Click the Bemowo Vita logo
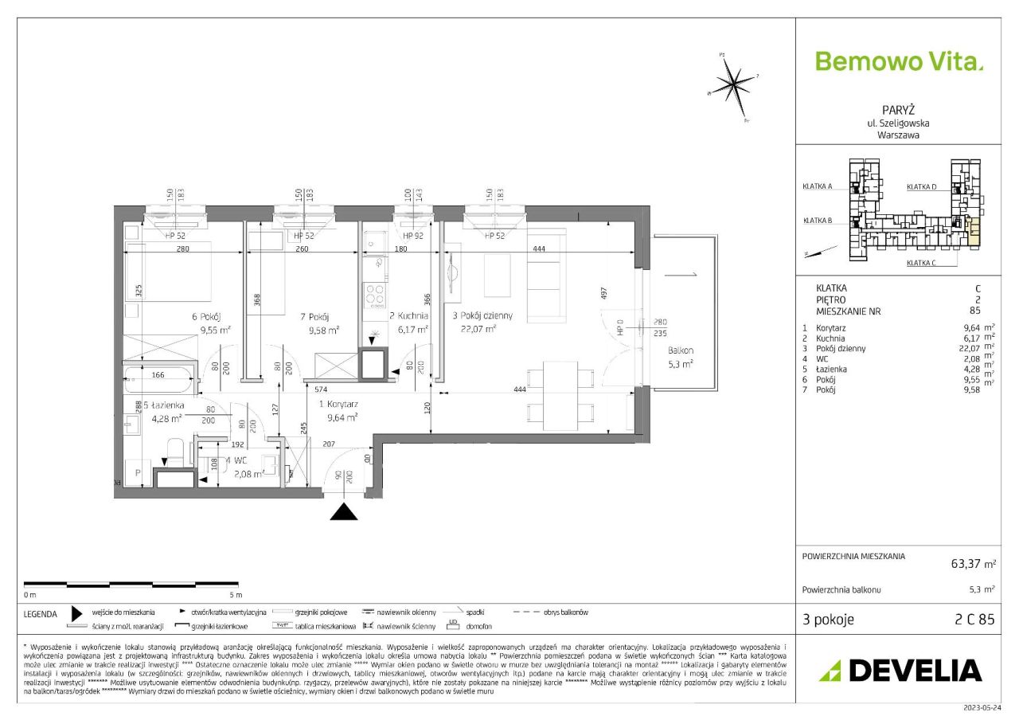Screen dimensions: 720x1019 pyautogui.click(x=899, y=61)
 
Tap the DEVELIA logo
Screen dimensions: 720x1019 pyautogui.click(x=900, y=671)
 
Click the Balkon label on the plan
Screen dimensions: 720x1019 pyautogui.click(x=681, y=350)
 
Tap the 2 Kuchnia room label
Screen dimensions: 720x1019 pyautogui.click(x=409, y=315)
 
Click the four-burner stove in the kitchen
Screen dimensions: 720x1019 pyautogui.click(x=375, y=295)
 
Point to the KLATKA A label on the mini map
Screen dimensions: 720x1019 pyautogui.click(x=818, y=186)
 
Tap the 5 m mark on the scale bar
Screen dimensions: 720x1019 pyautogui.click(x=235, y=594)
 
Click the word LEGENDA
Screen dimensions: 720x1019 pyautogui.click(x=40, y=614)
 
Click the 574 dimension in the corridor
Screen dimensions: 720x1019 pyautogui.click(x=320, y=389)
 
